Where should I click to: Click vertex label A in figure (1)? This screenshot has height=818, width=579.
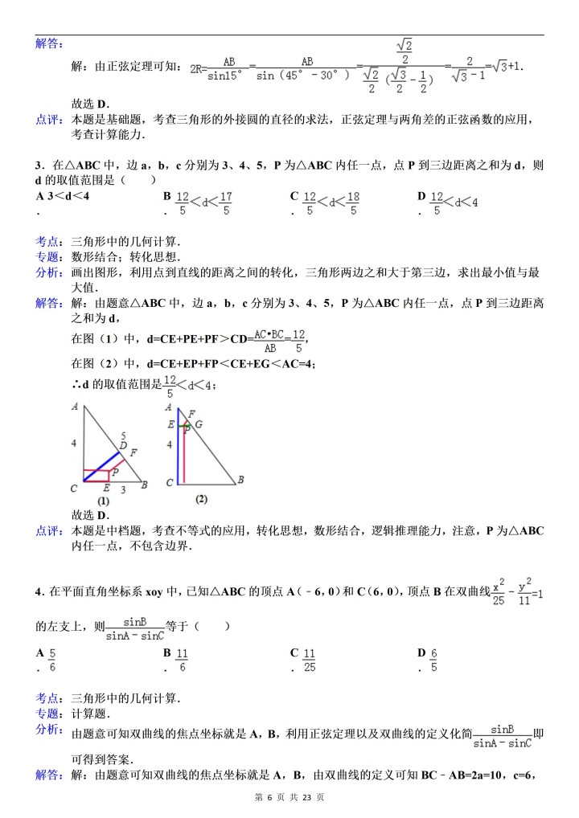(x=74, y=407)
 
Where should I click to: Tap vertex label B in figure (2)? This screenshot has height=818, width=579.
(x=240, y=481)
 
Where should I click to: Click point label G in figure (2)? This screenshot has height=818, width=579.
(x=199, y=423)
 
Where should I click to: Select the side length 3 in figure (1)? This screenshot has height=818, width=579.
(x=122, y=489)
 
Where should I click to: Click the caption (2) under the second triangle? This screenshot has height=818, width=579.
(x=201, y=498)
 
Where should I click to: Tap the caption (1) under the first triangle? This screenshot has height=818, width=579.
(x=103, y=501)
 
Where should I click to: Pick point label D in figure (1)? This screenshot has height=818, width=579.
(x=123, y=444)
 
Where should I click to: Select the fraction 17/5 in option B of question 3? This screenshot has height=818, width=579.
(x=226, y=202)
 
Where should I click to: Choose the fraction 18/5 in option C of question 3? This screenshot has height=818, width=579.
(x=353, y=202)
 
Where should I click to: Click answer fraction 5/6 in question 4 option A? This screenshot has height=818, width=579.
(x=52, y=660)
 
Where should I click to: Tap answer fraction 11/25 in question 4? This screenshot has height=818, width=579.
(x=310, y=660)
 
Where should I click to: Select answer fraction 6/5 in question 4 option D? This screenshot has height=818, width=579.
(x=433, y=660)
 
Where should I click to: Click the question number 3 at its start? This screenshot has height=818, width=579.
(x=39, y=166)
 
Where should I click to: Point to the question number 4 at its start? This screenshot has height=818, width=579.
(x=39, y=592)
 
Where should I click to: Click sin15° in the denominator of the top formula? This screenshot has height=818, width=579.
(x=228, y=78)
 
